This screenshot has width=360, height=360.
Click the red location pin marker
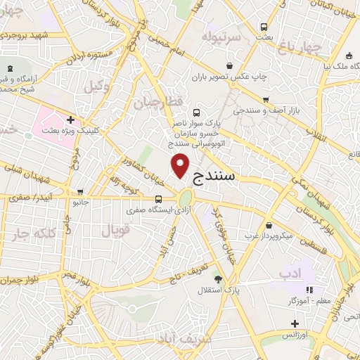tap(181, 165)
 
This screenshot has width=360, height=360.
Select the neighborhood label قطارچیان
tap(162, 103)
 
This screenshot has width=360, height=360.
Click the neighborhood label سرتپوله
tap(221, 36)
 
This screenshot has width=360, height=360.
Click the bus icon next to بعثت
tap(264, 27)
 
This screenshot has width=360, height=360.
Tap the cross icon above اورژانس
tap(295, 323)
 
